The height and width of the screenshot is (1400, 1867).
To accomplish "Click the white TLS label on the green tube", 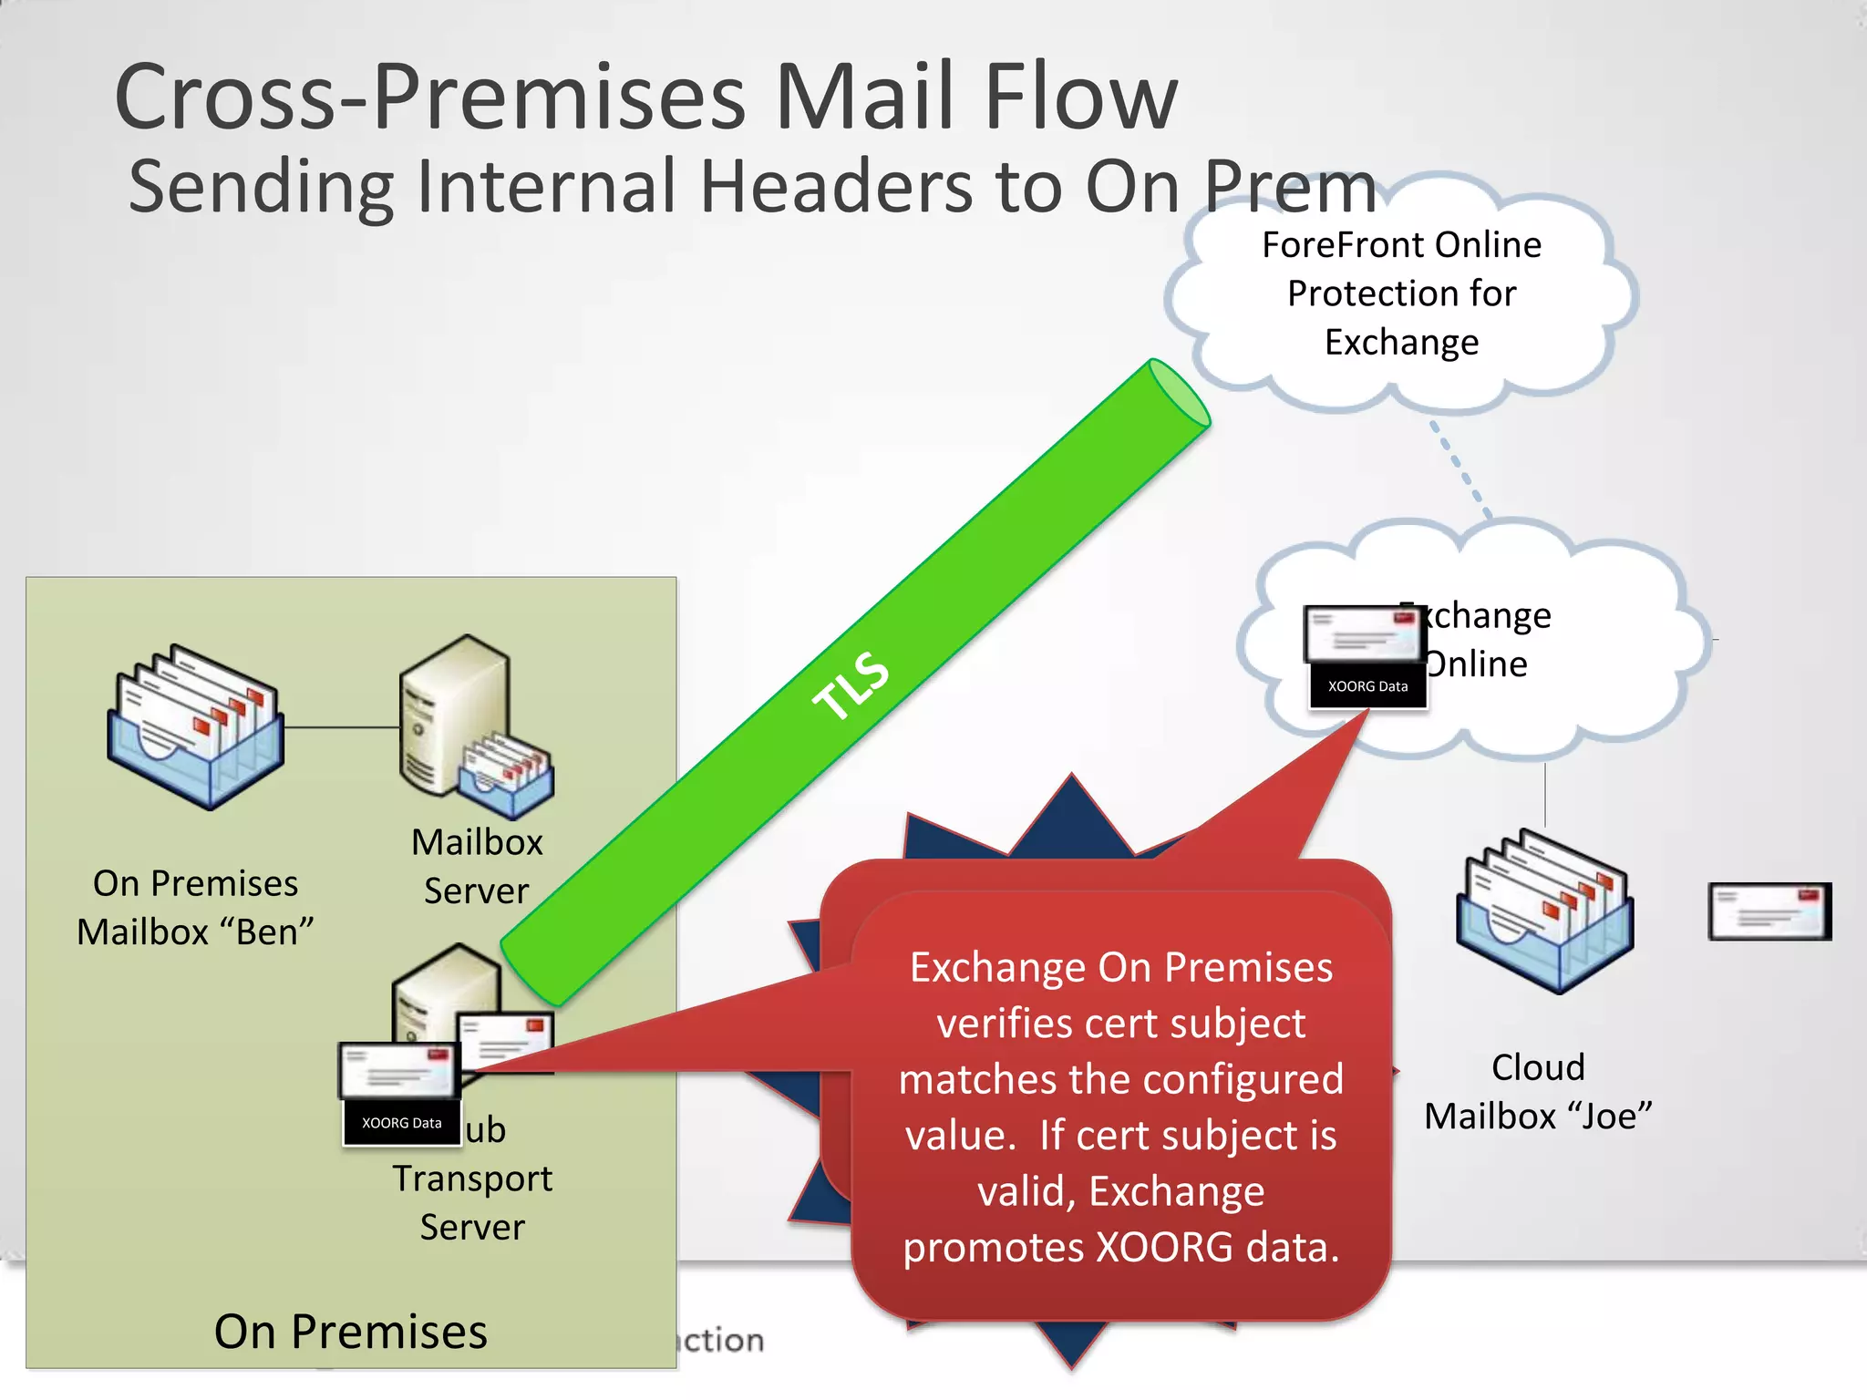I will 851,685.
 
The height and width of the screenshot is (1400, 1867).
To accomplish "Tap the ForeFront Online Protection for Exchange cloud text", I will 1401,293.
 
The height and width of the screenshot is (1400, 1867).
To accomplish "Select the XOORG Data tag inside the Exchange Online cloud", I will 1367,686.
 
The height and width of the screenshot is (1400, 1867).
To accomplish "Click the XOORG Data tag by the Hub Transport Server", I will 401,1123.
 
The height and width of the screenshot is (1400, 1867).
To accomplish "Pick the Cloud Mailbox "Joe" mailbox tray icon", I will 1544,911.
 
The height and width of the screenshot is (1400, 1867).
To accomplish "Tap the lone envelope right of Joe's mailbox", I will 1769,911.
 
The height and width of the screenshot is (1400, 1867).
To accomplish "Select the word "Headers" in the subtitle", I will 836,187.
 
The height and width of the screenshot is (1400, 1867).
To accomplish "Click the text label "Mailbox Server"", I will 477,866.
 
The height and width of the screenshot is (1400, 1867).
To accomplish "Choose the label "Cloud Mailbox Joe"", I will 1538,1091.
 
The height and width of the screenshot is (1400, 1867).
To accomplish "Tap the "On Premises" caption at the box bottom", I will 351,1332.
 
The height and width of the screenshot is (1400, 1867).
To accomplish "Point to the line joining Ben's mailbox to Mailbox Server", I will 342,727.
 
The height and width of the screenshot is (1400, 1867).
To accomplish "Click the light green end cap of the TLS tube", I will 1180,393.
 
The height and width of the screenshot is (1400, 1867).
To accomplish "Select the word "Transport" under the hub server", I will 472,1179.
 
